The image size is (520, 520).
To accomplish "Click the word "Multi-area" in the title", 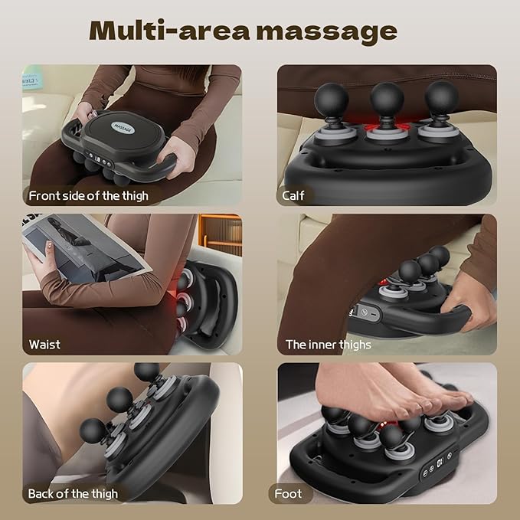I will click(x=164, y=31).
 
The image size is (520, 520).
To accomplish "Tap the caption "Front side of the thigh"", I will click(x=88, y=195).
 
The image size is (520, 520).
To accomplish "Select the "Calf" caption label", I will click(x=293, y=195).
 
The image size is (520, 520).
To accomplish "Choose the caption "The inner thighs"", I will click(x=328, y=344).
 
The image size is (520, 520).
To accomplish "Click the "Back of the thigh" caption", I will click(x=73, y=493).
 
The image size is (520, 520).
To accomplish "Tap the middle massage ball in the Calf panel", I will click(x=387, y=98).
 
